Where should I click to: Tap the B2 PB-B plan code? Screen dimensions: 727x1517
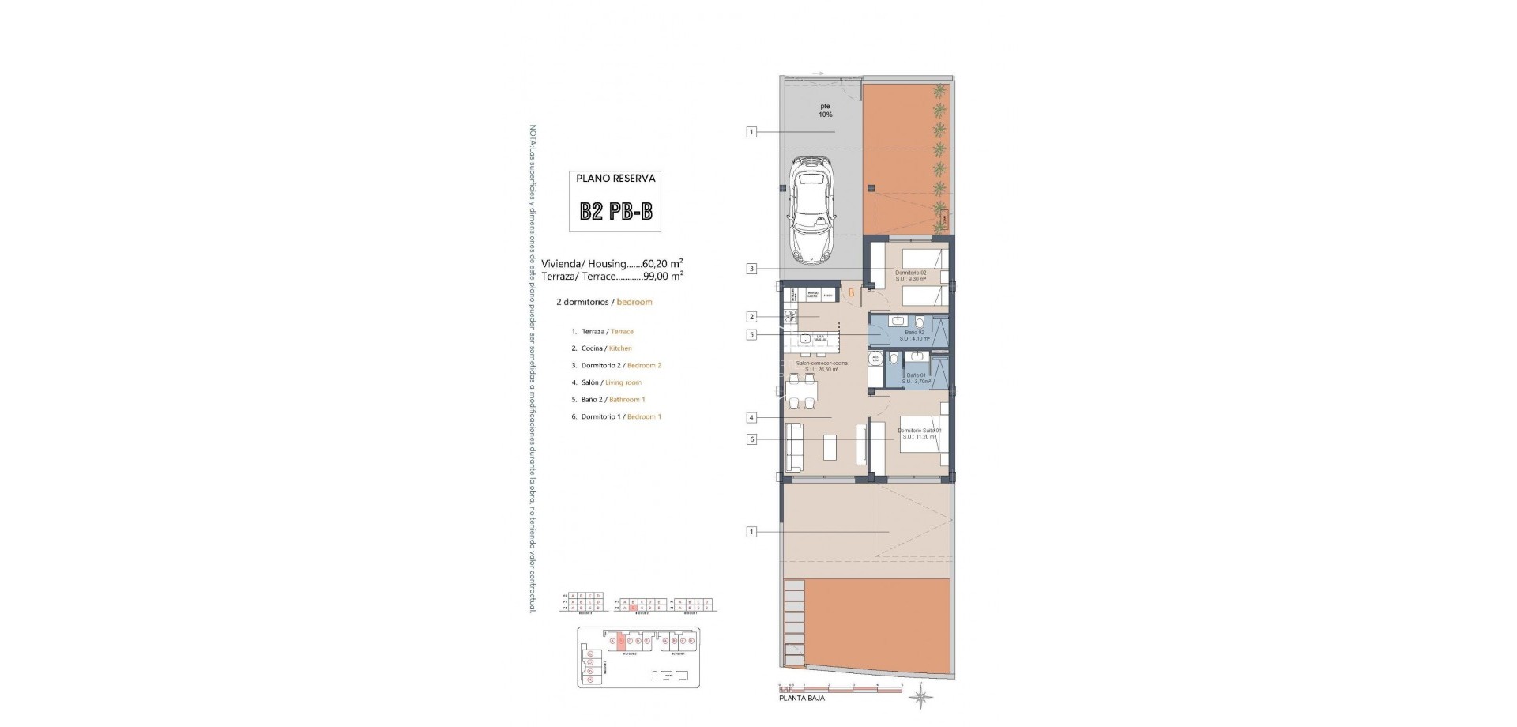pos(615,212)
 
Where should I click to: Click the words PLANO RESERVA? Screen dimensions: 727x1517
pos(615,179)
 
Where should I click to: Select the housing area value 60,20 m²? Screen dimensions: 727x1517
pos(663,264)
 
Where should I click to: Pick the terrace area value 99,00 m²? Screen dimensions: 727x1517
pos(664,277)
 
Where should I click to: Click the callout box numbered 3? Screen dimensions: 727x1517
pos(751,269)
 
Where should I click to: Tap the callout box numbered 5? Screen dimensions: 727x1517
pos(751,335)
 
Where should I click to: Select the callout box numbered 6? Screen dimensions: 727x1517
pos(751,439)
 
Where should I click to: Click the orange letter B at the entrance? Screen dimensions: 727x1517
pos(851,293)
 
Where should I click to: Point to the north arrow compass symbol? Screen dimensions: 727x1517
pos(920,697)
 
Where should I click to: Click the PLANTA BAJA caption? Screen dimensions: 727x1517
pos(802,699)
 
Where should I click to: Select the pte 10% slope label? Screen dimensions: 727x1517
pos(825,110)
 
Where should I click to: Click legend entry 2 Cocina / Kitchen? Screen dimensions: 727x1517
pos(601,348)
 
